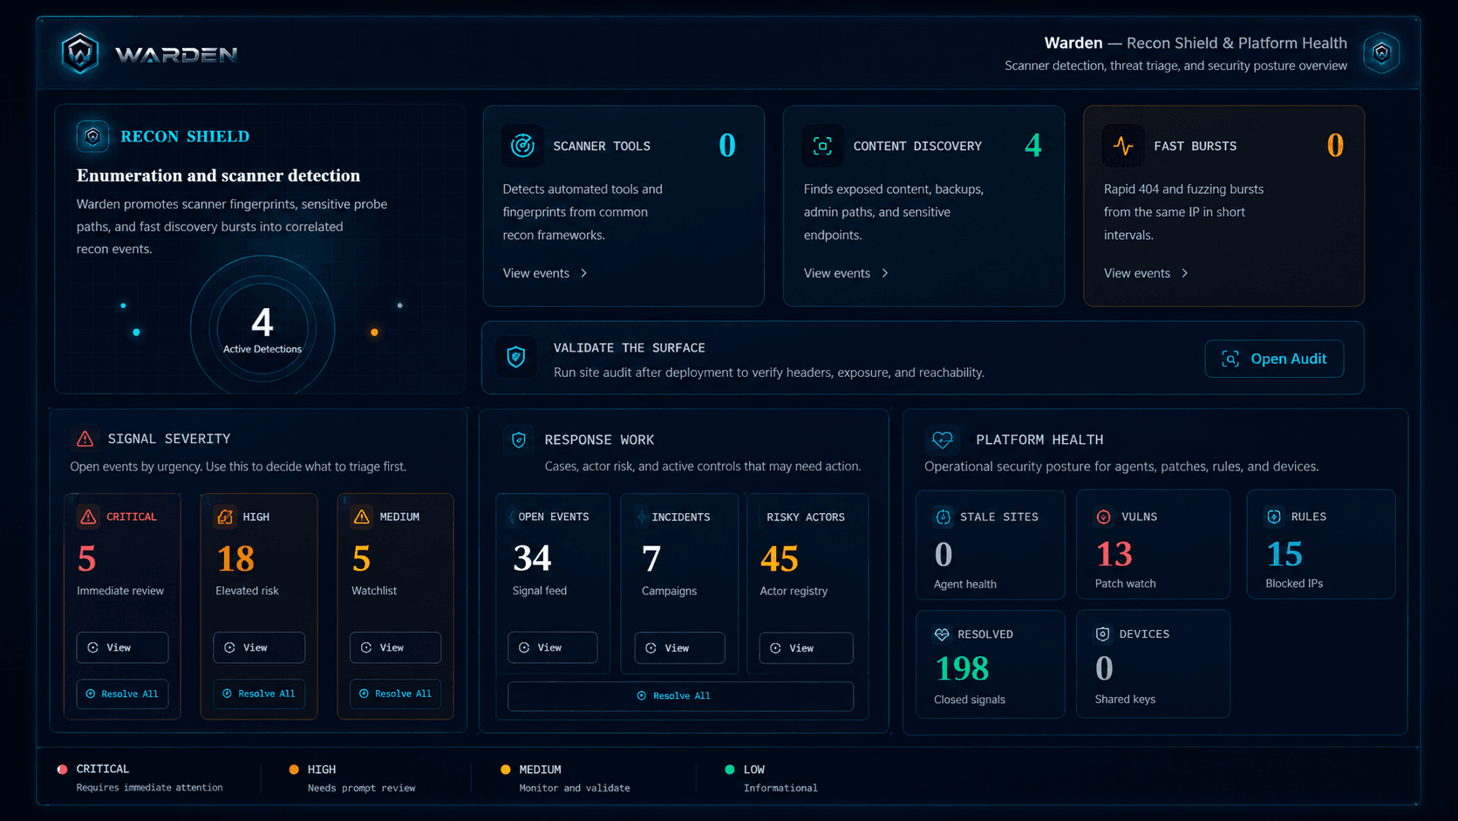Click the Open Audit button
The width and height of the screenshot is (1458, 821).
pyautogui.click(x=1274, y=359)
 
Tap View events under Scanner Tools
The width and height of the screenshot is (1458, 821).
pyautogui.click(x=545, y=273)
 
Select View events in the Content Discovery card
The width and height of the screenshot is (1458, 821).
pyautogui.click(x=846, y=273)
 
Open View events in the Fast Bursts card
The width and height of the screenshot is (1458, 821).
pyautogui.click(x=1146, y=273)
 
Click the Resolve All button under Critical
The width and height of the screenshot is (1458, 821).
pyautogui.click(x=122, y=694)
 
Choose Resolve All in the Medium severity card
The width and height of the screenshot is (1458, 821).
pyautogui.click(x=395, y=694)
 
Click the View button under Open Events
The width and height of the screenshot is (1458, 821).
pyautogui.click(x=552, y=648)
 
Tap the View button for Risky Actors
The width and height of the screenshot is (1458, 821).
pyautogui.click(x=806, y=648)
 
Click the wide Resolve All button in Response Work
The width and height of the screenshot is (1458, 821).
pyautogui.click(x=680, y=696)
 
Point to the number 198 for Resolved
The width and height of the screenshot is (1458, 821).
pyautogui.click(x=962, y=668)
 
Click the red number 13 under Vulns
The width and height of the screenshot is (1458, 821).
pyautogui.click(x=1114, y=554)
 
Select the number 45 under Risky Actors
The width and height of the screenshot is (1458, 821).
pyautogui.click(x=779, y=558)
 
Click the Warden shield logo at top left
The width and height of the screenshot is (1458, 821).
pyautogui.click(x=80, y=53)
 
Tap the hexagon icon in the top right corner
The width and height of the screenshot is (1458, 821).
pyautogui.click(x=1381, y=52)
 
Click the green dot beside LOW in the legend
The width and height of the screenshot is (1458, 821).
pyautogui.click(x=730, y=770)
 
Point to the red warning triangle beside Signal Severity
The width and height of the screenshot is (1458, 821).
pyautogui.click(x=85, y=439)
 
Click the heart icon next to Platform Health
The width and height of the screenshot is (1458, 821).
pyautogui.click(x=942, y=440)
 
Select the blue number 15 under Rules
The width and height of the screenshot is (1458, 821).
pyautogui.click(x=1284, y=554)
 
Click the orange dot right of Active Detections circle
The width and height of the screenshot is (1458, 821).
pyautogui.click(x=374, y=332)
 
